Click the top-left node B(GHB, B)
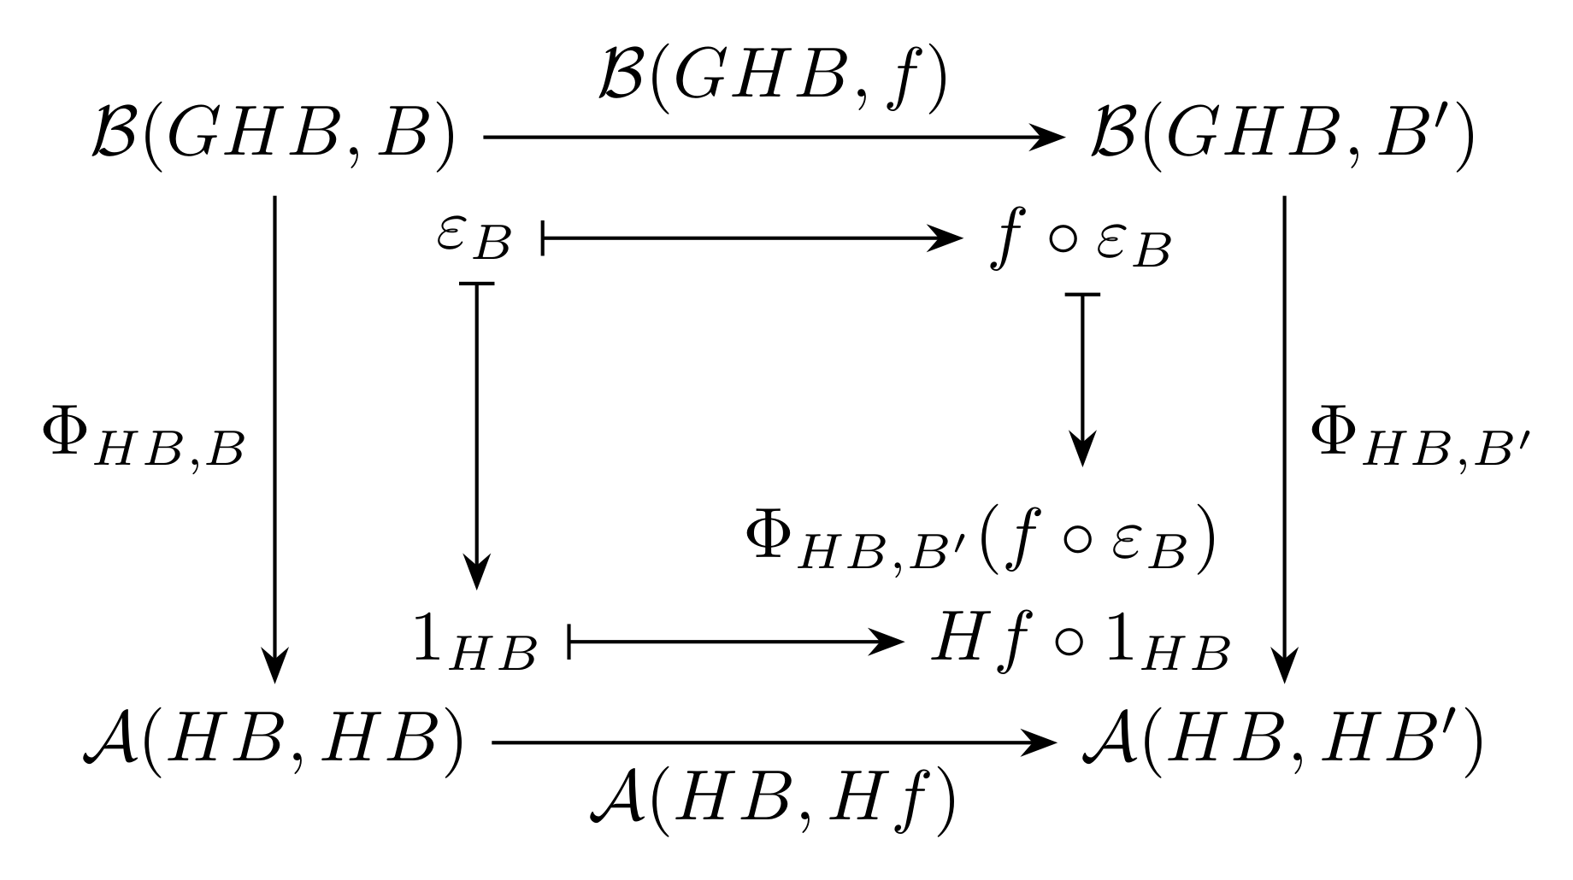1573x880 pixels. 271,137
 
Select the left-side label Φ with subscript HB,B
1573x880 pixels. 144,444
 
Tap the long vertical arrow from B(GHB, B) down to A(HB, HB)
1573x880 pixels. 274,440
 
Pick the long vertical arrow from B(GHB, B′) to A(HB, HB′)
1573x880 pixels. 1285,440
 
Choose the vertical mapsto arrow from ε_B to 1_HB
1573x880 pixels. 476,436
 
